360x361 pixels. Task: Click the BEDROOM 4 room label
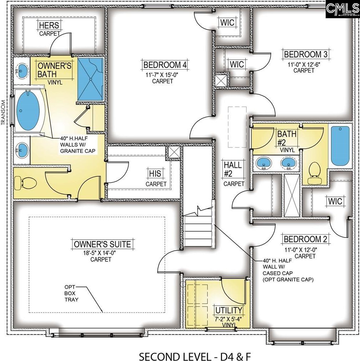pyautogui.click(x=165, y=65)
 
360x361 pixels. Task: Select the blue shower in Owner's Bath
pyautogui.click(x=90, y=79)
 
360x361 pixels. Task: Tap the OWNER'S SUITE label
pyautogui.click(x=102, y=244)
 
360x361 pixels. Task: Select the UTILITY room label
pyautogui.click(x=229, y=310)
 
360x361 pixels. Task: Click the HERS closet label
pyautogui.click(x=49, y=25)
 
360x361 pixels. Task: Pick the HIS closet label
pyautogui.click(x=155, y=174)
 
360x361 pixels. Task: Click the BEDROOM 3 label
pyautogui.click(x=306, y=54)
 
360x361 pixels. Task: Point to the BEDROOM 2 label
pyautogui.click(x=305, y=239)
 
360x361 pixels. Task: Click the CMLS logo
pyautogui.click(x=342, y=9)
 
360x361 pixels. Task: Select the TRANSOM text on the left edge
pyautogui.click(x=3, y=112)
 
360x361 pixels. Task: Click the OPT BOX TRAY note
pyautogui.click(x=71, y=293)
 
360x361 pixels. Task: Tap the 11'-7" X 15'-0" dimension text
pyautogui.click(x=162, y=75)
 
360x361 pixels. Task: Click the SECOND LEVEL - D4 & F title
pyautogui.click(x=195, y=356)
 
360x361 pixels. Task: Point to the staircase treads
pyautogui.click(x=198, y=231)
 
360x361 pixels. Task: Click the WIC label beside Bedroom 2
pyautogui.click(x=335, y=201)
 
